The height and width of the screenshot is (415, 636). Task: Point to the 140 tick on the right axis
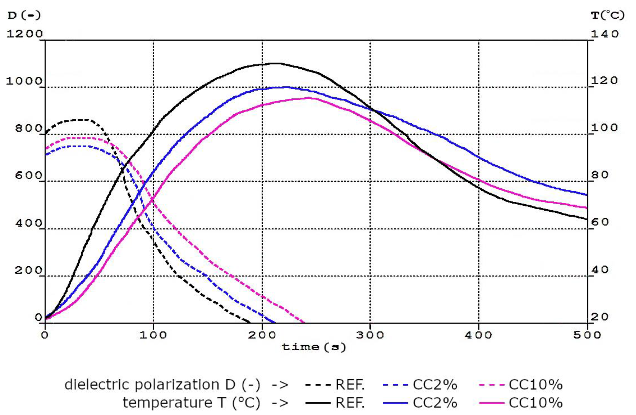coord(605,34)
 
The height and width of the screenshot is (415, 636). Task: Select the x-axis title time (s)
coord(314,347)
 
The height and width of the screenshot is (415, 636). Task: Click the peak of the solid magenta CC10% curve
coord(309,98)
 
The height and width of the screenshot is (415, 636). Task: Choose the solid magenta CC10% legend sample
coord(492,403)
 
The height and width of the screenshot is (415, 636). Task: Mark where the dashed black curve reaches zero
coord(250,322)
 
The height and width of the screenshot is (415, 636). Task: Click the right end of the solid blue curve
coord(587,195)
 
